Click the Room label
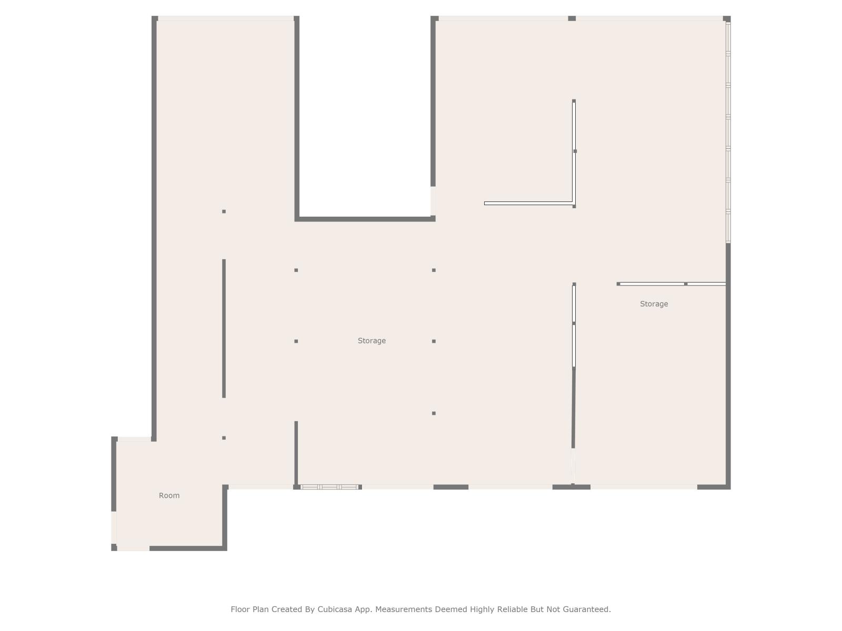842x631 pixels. (169, 495)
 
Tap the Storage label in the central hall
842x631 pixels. (372, 341)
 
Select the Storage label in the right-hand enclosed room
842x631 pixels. (654, 304)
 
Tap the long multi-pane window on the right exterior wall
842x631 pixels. (728, 132)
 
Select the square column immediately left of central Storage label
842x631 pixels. (296, 341)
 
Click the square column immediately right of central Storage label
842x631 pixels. (434, 341)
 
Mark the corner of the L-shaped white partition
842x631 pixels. (574, 203)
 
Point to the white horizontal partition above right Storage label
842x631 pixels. (671, 284)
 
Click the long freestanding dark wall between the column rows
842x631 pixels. (224, 328)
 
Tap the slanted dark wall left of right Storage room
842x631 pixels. (574, 408)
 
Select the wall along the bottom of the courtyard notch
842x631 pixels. (365, 219)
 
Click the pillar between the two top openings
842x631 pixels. (572, 18)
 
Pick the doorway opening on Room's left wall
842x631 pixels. (114, 527)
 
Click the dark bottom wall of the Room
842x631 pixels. (188, 548)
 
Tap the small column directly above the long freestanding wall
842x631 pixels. (224, 211)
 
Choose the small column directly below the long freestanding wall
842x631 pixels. (224, 437)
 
